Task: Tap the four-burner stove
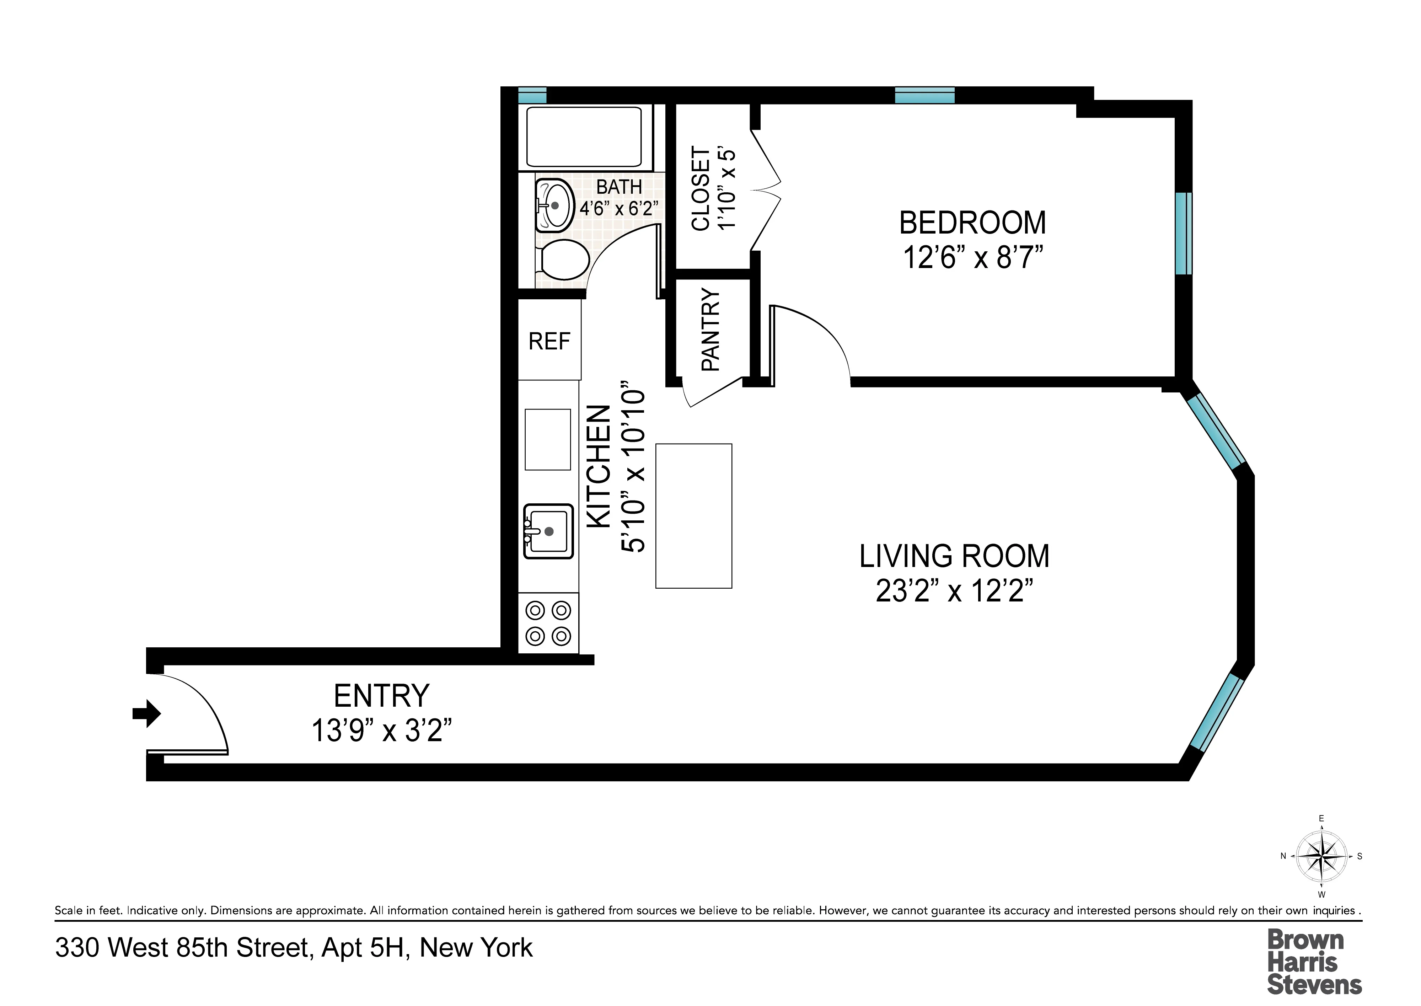coord(548,623)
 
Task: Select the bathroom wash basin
coord(553,205)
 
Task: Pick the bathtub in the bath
coord(584,137)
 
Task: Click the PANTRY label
coord(710,330)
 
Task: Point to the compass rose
coord(1321,857)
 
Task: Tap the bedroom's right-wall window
coord(1183,234)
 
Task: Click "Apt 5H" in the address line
coord(365,948)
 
